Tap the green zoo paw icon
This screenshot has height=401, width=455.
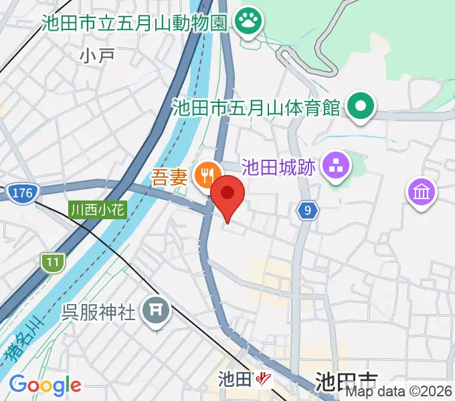click(x=250, y=23)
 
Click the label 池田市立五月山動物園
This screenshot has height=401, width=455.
click(x=134, y=23)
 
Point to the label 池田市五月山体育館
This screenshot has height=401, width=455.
click(x=257, y=107)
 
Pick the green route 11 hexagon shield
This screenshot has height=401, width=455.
click(x=52, y=262)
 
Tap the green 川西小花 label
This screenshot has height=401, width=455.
click(x=97, y=210)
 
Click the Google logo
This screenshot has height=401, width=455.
click(x=45, y=386)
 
